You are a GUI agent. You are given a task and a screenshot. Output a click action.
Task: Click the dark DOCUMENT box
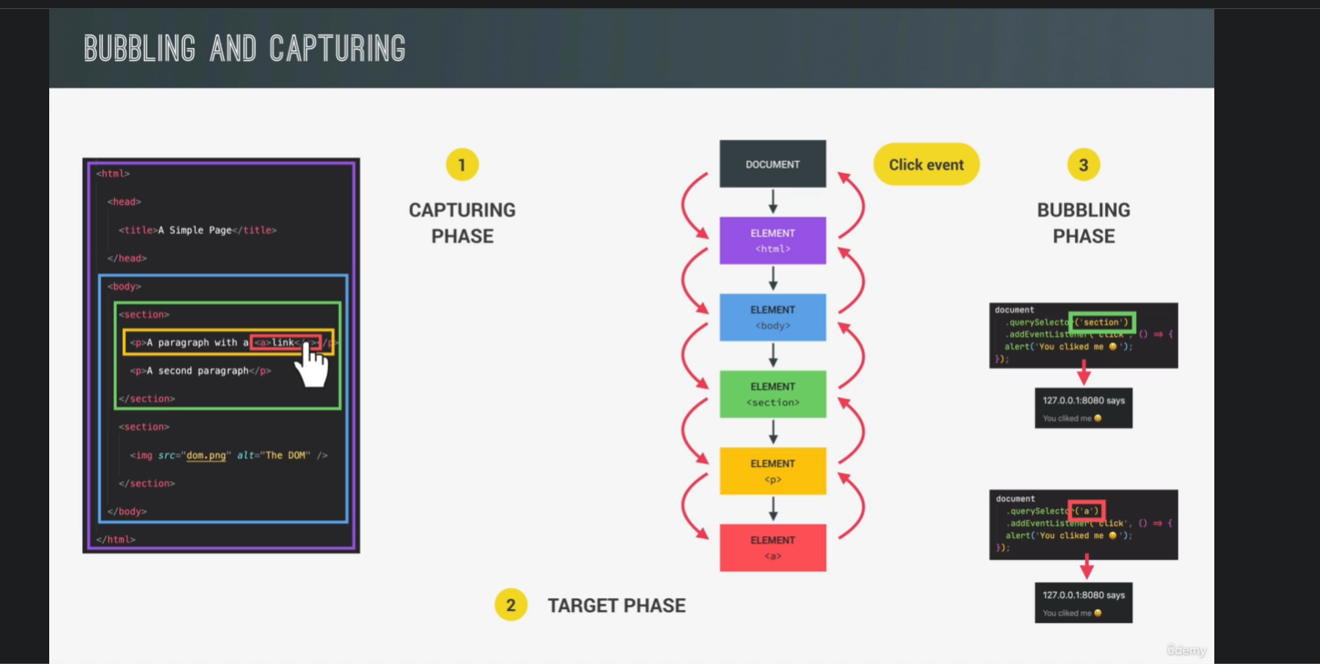[x=773, y=164]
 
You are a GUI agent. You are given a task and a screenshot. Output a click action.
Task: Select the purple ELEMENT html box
[x=773, y=240]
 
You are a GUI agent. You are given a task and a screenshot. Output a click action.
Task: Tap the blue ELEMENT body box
[x=773, y=317]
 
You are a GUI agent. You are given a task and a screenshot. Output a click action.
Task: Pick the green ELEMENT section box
[x=773, y=393]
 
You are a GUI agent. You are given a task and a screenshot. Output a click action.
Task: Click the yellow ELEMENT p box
[x=773, y=471]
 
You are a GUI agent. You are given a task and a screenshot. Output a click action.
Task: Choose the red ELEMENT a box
[x=773, y=547]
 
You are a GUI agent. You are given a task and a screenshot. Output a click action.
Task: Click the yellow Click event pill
[x=926, y=165]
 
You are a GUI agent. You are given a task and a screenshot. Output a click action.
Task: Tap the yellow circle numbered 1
[x=462, y=165]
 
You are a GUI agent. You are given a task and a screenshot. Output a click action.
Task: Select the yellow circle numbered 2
[x=511, y=606]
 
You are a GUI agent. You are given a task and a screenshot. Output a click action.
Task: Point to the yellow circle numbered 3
[x=1083, y=165]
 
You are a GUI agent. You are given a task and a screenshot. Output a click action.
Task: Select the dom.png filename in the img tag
[x=206, y=455]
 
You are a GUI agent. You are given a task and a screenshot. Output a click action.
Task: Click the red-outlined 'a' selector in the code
[x=1087, y=511]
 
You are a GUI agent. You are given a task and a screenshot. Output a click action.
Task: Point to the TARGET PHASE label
[x=616, y=606]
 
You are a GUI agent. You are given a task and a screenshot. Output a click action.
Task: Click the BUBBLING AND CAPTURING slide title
[x=244, y=48]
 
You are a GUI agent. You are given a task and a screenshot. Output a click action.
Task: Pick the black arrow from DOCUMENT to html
[x=773, y=201]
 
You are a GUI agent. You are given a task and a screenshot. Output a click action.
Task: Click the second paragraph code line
[x=200, y=371]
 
